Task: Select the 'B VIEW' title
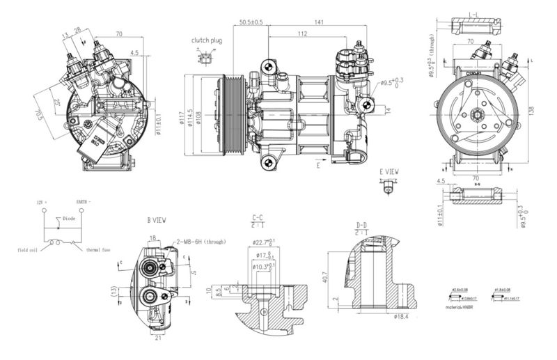tap(156, 219)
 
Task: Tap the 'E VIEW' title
tap(389, 171)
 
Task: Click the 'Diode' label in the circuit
tap(69, 218)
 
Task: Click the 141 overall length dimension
tap(319, 23)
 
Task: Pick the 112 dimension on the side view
tap(303, 33)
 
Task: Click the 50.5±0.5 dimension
tap(251, 23)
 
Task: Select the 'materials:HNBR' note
tap(465, 306)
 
